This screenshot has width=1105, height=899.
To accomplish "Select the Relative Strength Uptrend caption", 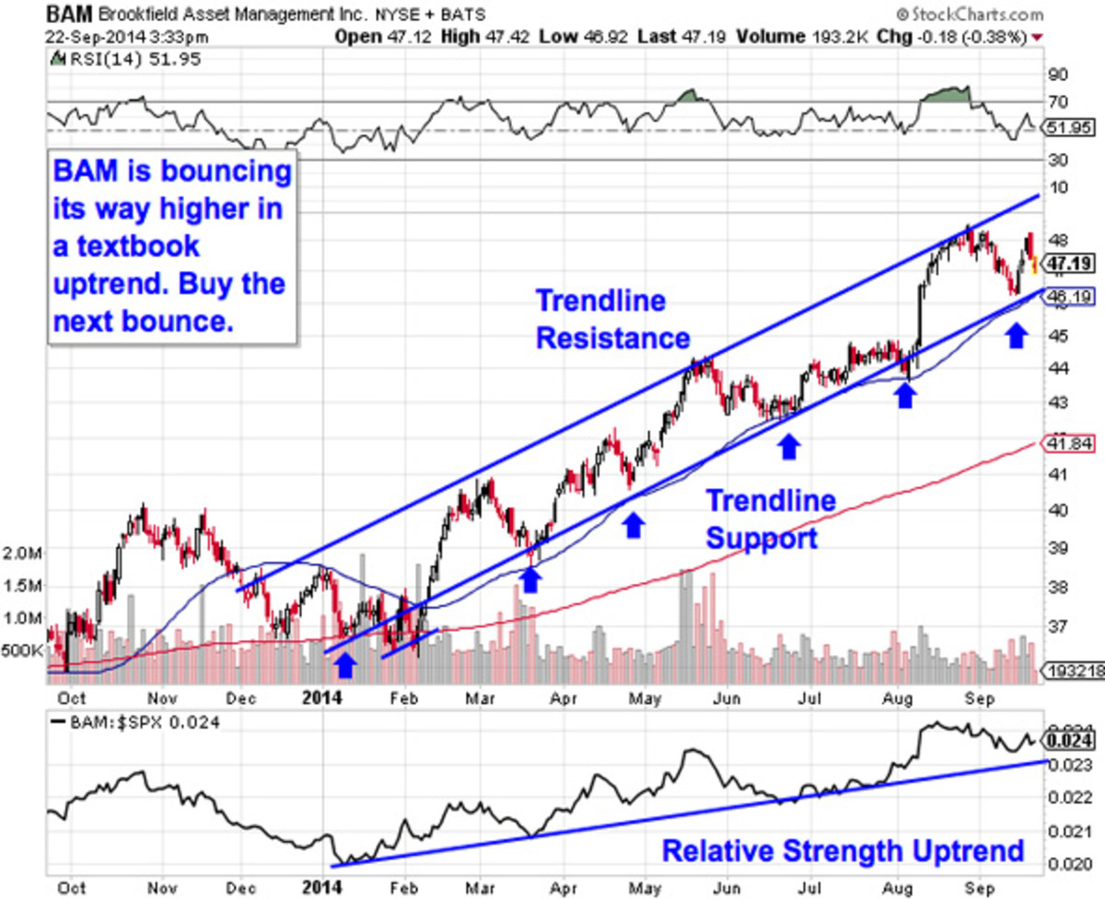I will [x=843, y=849].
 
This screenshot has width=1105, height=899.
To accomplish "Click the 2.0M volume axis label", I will [x=23, y=553].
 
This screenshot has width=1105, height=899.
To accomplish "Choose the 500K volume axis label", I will [x=23, y=650].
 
